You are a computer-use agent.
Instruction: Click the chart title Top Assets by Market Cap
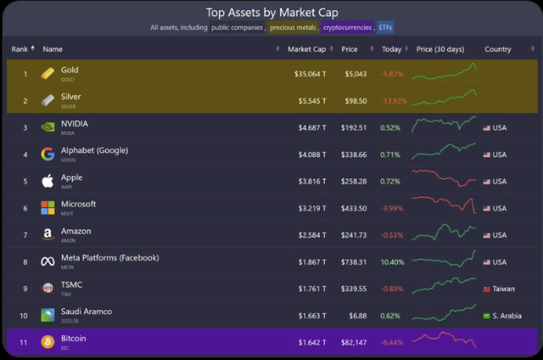pyautogui.click(x=271, y=13)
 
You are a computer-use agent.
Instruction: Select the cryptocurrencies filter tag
pyautogui.click(x=346, y=28)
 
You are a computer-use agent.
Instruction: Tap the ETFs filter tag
pyautogui.click(x=385, y=28)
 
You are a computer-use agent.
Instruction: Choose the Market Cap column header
pyautogui.click(x=306, y=49)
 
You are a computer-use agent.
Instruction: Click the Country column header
pyautogui.click(x=497, y=49)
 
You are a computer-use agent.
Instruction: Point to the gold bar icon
pyautogui.click(x=48, y=74)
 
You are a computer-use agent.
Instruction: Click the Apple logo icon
pyautogui.click(x=48, y=181)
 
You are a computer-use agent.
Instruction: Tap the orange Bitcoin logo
pyautogui.click(x=48, y=342)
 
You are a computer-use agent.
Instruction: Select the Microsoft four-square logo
pyautogui.click(x=48, y=208)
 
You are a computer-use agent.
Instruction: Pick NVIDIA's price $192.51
pyautogui.click(x=354, y=128)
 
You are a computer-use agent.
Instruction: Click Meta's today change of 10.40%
pyautogui.click(x=391, y=262)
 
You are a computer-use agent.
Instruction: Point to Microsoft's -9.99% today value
pyautogui.click(x=391, y=208)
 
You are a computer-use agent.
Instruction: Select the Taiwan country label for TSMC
pyautogui.click(x=504, y=289)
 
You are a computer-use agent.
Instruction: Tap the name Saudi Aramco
pyautogui.click(x=86, y=312)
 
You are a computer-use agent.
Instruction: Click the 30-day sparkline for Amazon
pyautogui.click(x=444, y=233)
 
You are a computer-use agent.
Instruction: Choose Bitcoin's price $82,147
pyautogui.click(x=354, y=342)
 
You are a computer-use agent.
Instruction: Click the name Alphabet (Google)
pyautogui.click(x=95, y=150)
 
